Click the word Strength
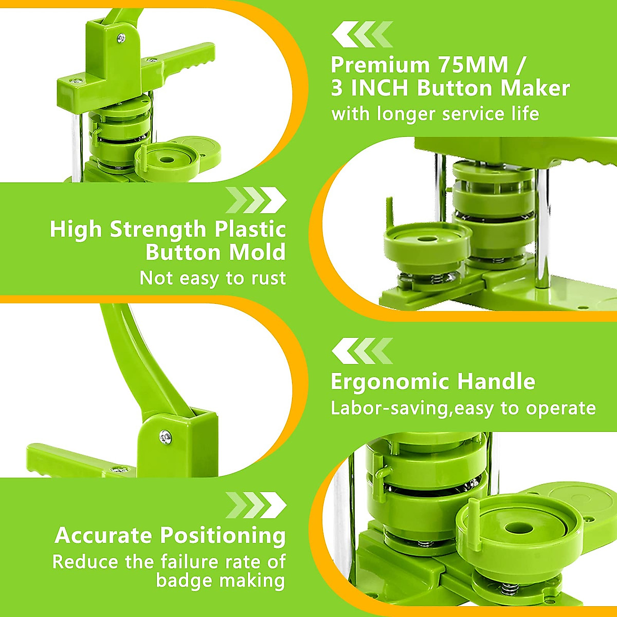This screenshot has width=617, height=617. [158, 229]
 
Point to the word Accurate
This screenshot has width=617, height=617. [104, 536]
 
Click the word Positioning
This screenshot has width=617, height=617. [223, 536]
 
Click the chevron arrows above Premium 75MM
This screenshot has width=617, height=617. [362, 34]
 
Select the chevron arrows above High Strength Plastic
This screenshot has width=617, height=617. [256, 200]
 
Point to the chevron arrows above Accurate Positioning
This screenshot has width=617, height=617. [256, 505]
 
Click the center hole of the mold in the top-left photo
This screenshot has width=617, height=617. [167, 159]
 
